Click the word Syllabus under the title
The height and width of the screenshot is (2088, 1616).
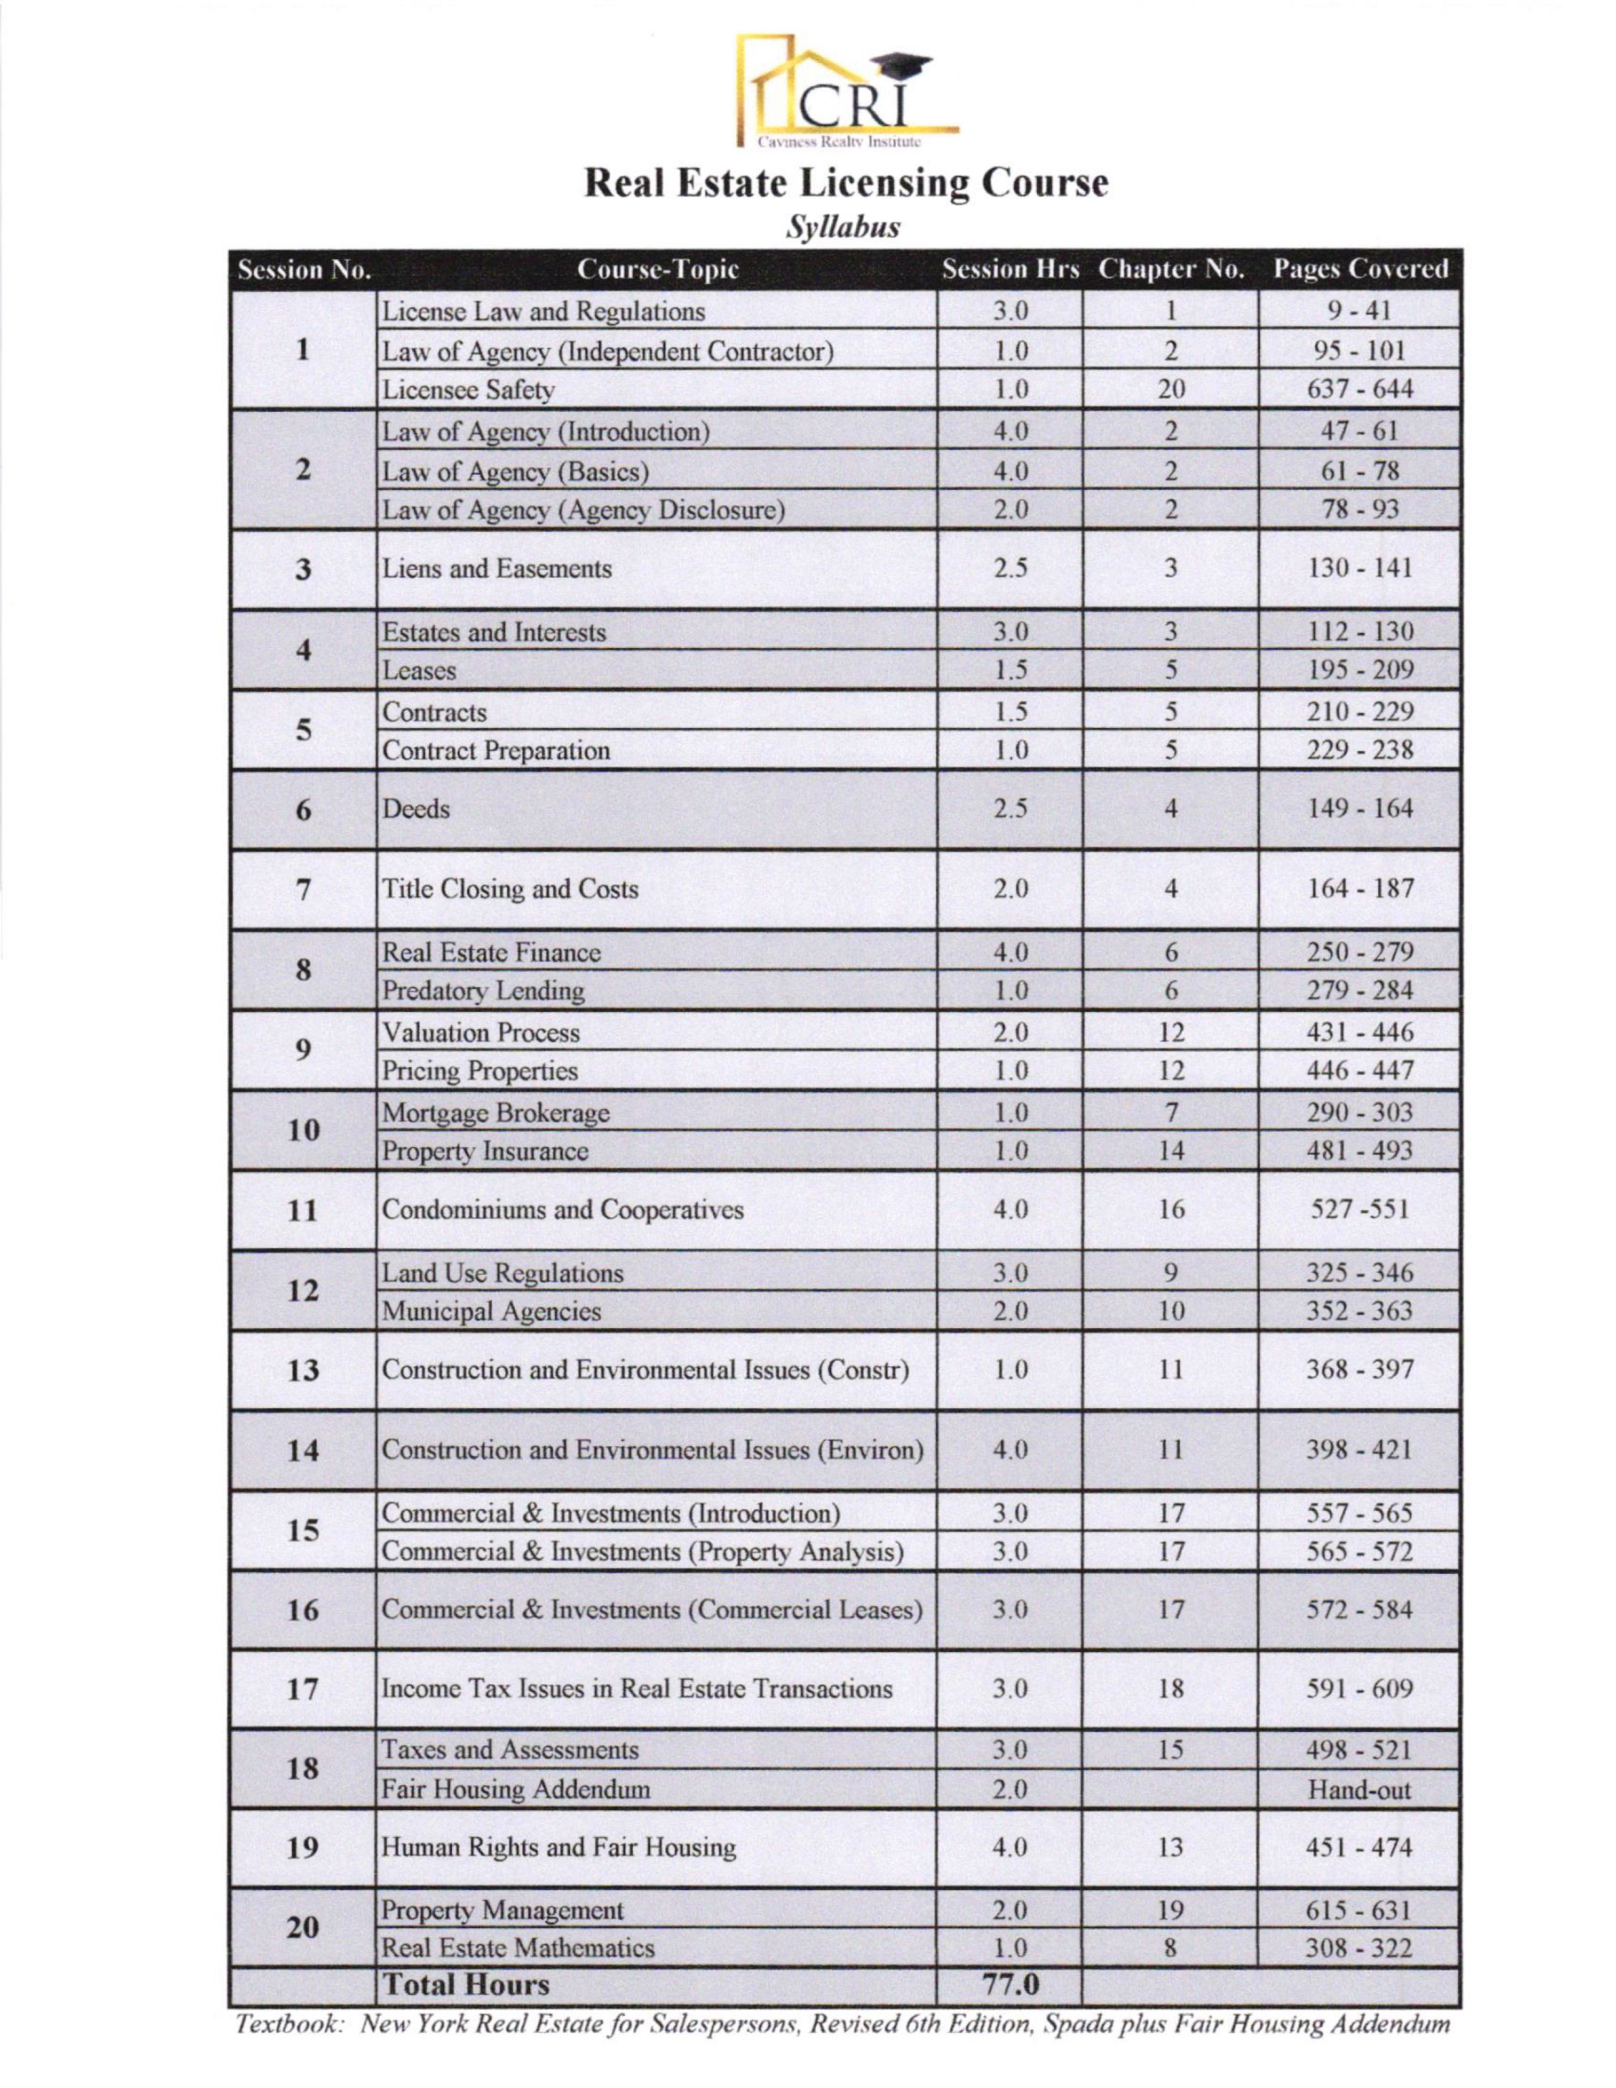coord(842,227)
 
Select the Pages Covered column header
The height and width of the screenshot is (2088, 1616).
coord(1359,270)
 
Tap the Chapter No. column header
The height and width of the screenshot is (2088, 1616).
coord(1170,270)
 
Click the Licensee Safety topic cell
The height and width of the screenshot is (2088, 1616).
coord(469,390)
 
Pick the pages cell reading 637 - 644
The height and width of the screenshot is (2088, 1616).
coord(1359,390)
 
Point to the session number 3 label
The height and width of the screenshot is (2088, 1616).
coord(303,570)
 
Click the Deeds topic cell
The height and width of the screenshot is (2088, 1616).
coord(417,809)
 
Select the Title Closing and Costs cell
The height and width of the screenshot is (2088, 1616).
coord(510,890)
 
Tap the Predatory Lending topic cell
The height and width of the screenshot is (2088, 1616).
coord(483,992)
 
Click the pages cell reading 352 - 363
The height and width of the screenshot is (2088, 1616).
coord(1359,1310)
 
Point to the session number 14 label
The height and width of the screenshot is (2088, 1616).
coord(303,1451)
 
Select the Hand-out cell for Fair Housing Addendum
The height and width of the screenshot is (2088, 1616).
coord(1359,1790)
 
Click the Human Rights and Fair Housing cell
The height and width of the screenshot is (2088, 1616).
coord(559,1848)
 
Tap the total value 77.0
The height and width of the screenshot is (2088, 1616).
coord(1010,1985)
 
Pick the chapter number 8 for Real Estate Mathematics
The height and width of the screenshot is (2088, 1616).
coord(1170,1948)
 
